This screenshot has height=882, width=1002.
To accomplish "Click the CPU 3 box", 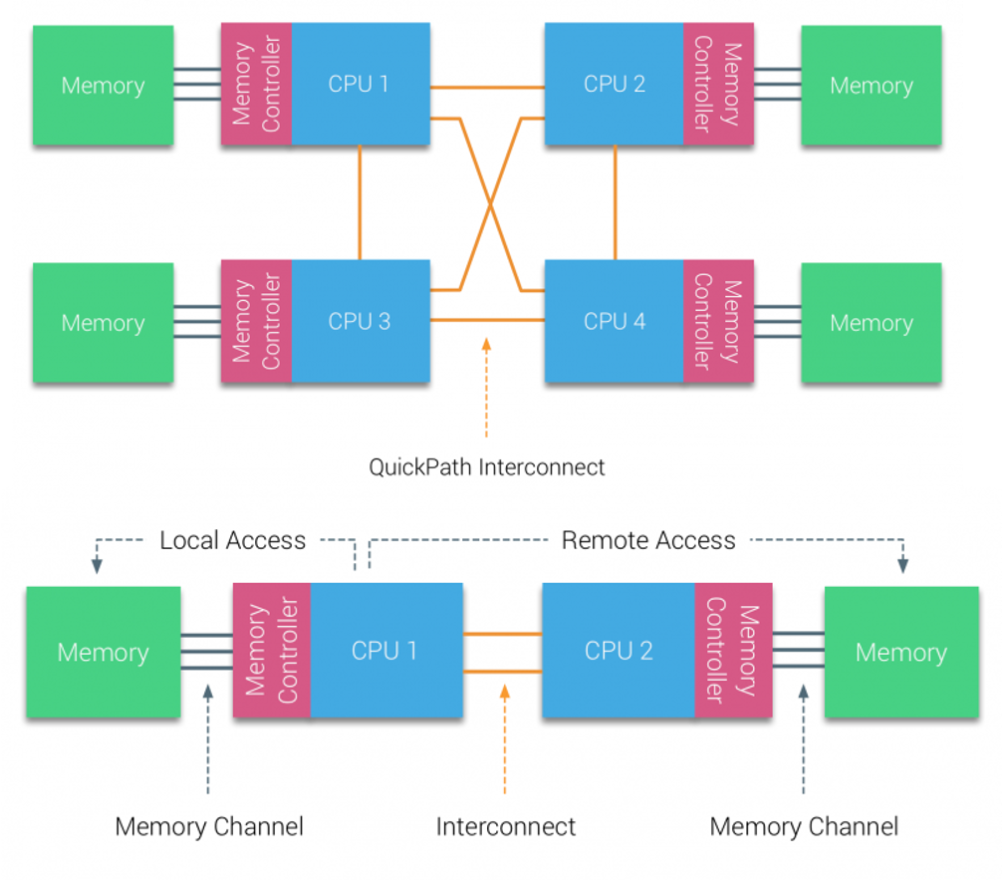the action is tap(361, 321).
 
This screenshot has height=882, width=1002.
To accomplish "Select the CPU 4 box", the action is tap(615, 321).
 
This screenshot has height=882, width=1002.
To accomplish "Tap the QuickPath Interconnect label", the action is tap(486, 467).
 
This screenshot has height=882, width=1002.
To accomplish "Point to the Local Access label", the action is tap(233, 540).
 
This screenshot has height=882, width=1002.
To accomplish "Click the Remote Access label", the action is tap(648, 540).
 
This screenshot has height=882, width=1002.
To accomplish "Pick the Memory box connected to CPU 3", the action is tap(103, 322).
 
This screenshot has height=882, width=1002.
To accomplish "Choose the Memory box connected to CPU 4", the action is tap(872, 322).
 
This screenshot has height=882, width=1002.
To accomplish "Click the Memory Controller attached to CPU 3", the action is tap(256, 321).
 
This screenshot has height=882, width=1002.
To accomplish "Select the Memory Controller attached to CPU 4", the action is tap(718, 321).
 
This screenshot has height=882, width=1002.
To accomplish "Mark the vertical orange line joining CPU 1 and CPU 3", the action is tap(360, 202).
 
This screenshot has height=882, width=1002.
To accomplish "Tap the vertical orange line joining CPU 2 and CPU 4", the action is tap(616, 202).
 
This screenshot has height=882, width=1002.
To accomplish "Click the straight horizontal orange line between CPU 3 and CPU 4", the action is tap(488, 319).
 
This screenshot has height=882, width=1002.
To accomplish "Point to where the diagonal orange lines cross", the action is tap(490, 204).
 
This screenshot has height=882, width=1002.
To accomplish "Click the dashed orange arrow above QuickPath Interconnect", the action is tap(486, 388).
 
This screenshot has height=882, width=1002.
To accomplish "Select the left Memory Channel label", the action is tap(209, 826).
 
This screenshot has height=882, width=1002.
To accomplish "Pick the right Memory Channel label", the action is tap(804, 826).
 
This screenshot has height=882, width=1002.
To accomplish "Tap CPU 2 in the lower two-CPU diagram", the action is tap(619, 651).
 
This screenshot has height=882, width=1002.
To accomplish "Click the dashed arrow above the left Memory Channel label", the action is tap(208, 739).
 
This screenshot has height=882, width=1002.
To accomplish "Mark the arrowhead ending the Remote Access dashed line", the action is tap(903, 565).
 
